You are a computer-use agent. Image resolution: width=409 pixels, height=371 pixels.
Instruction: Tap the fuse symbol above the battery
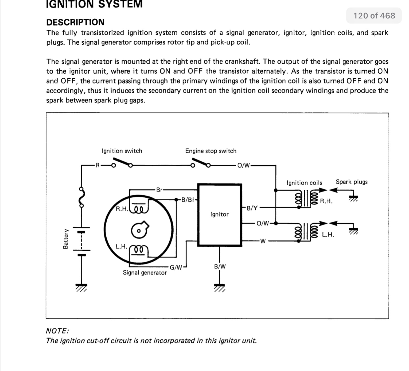point(81,197)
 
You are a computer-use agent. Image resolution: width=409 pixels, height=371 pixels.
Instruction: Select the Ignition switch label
point(122,151)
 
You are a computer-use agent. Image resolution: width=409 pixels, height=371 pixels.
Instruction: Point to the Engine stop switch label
point(211,151)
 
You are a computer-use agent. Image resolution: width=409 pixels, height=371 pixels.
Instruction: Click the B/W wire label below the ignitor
point(220,266)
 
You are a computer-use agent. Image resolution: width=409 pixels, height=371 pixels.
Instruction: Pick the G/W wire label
point(176,267)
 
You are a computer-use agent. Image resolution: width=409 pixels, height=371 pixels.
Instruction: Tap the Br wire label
point(159,190)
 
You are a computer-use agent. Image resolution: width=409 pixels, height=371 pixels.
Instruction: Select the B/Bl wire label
point(187,200)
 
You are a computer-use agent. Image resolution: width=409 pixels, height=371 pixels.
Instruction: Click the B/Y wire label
point(252,208)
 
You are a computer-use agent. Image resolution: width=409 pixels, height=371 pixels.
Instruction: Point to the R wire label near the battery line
point(98,165)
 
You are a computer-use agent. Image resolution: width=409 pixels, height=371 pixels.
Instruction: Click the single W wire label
point(263,241)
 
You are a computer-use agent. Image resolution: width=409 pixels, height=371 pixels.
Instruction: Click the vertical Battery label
point(65,239)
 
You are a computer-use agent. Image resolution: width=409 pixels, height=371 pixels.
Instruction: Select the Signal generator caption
point(145,273)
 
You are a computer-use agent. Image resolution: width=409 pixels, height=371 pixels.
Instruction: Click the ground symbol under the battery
point(81,288)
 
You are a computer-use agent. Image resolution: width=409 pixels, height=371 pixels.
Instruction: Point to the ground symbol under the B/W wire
point(220,288)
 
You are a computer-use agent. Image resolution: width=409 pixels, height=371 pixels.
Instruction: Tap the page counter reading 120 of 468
point(374,16)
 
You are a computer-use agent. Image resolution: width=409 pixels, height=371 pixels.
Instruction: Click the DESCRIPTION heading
point(75,22)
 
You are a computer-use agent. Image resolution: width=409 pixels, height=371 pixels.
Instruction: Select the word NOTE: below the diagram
point(57,331)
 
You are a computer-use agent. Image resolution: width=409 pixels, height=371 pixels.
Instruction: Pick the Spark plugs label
point(352,182)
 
